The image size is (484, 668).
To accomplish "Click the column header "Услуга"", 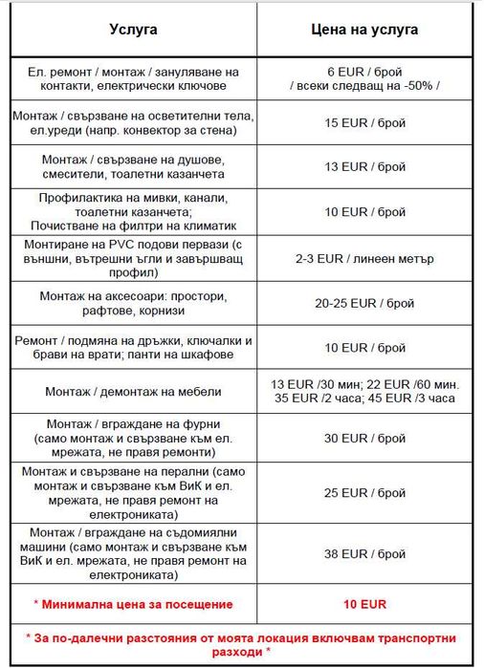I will (133, 30).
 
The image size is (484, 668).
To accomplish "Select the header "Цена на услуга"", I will (365, 30).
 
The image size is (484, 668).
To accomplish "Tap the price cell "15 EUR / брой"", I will (365, 122).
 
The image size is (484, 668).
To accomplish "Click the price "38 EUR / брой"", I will (365, 553).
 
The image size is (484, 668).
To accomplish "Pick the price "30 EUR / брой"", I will (365, 439).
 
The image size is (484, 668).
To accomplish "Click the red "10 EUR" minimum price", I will (365, 604).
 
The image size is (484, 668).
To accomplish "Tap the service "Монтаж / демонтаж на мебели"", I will (133, 391).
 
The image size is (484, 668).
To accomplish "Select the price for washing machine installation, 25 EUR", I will (365, 493).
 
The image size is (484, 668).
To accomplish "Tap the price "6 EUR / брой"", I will (365, 72).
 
